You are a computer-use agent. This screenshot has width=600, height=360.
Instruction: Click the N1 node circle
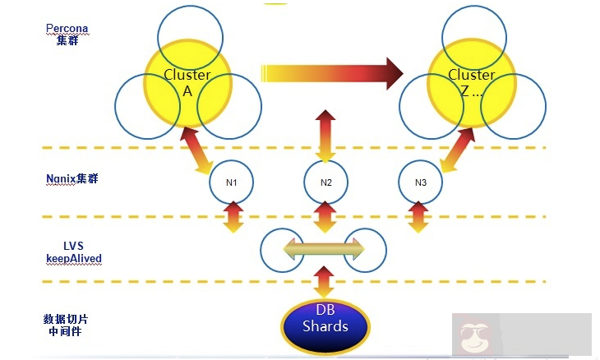coord(231,182)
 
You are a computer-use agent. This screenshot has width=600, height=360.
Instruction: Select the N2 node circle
coord(325,182)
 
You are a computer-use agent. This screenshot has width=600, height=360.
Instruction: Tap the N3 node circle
coord(420,182)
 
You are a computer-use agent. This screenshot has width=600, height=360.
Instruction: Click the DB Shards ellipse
coord(325,326)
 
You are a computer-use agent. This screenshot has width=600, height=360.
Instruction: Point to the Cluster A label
coord(187,83)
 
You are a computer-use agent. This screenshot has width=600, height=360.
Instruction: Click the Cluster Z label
coord(471,83)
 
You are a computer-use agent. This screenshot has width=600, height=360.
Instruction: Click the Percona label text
coord(67,29)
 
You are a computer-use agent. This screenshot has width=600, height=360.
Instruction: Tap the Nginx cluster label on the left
coord(72,178)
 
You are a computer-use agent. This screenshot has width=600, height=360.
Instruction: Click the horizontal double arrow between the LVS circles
coord(324,247)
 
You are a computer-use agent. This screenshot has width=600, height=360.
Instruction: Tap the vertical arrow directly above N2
coord(325,136)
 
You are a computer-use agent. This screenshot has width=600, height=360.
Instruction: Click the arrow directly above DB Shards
coord(324,283)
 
